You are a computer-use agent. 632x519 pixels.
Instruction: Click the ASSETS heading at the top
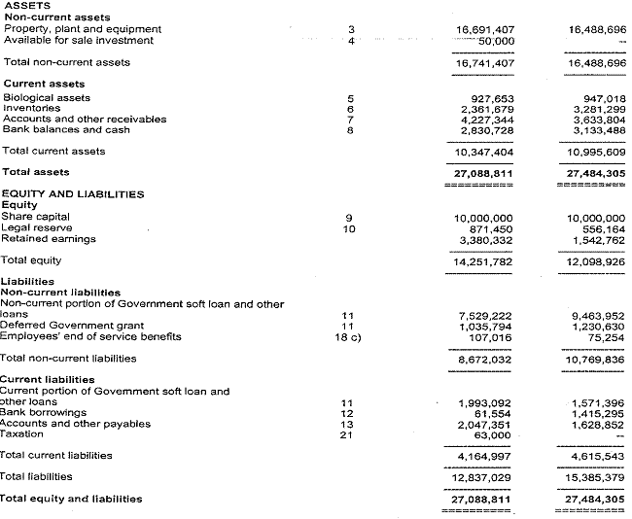coord(27,6)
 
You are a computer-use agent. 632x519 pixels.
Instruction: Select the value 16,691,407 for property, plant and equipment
coord(485,30)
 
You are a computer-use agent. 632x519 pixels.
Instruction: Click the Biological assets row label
coord(48,98)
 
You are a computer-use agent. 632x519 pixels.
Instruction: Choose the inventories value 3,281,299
coord(600,109)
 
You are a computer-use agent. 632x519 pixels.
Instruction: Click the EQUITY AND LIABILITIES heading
coord(73,194)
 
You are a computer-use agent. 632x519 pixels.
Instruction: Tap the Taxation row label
coord(23,434)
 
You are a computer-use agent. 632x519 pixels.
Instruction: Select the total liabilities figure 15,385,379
coord(595,477)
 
